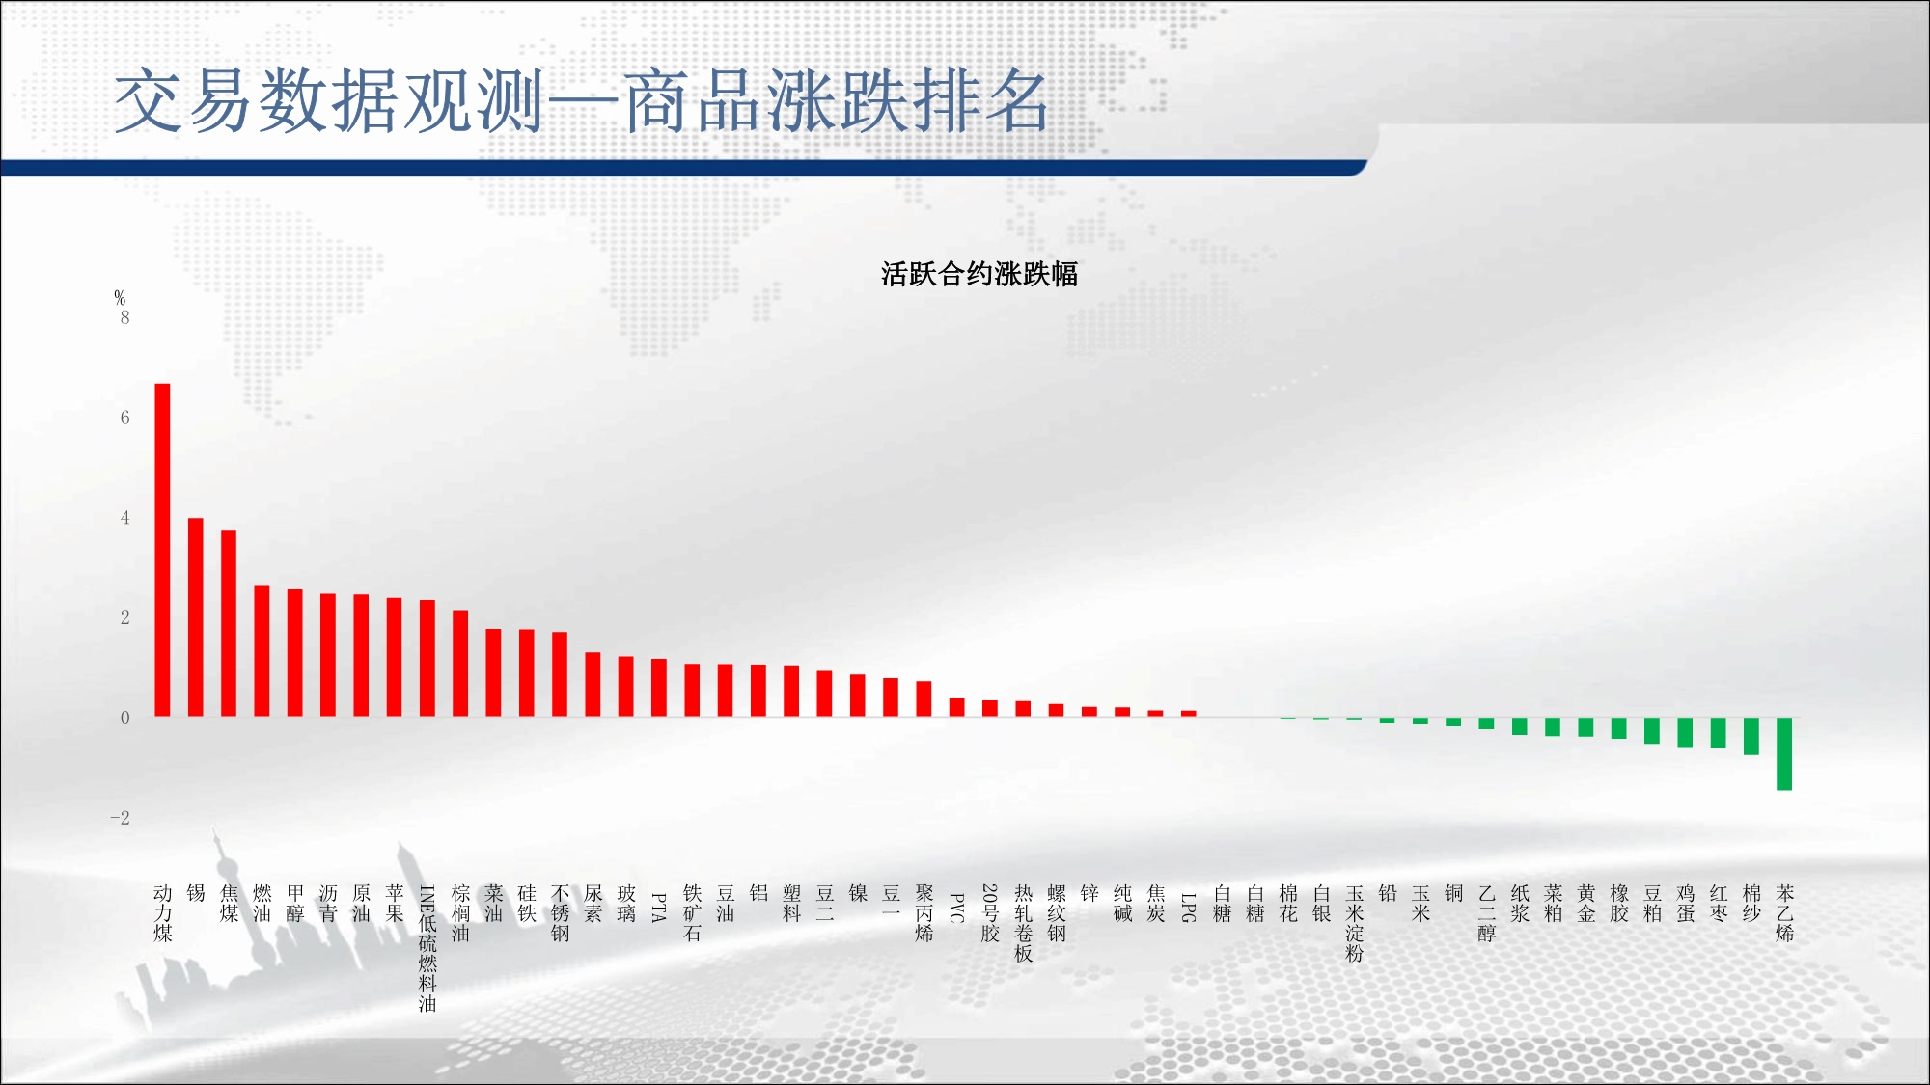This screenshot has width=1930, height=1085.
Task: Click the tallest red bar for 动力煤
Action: coord(162,550)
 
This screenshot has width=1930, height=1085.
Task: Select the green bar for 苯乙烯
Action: coord(1784,754)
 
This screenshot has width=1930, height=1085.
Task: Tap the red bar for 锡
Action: coord(196,617)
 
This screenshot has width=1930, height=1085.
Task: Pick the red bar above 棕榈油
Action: coord(460,664)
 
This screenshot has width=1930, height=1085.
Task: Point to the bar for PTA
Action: coord(659,688)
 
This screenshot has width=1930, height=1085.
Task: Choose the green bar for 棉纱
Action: coord(1751,736)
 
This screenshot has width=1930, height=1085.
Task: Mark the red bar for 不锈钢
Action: coord(560,674)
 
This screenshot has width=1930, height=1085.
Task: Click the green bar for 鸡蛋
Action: coord(1685,733)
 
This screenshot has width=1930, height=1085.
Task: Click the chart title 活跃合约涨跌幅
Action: coord(979,274)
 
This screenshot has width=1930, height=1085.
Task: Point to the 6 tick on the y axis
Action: coord(124,418)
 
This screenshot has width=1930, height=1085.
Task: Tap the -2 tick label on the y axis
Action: coord(120,818)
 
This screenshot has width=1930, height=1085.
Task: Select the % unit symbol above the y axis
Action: coord(120,298)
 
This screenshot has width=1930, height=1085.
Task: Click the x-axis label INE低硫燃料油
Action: coord(427,948)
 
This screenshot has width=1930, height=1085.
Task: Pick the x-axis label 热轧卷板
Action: coord(1024,923)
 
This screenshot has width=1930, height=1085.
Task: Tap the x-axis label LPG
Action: coord(1189,908)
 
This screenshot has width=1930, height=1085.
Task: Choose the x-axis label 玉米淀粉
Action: coord(1355,923)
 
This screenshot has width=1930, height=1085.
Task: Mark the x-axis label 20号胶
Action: coord(990,912)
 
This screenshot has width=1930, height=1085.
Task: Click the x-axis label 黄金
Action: coord(1586,903)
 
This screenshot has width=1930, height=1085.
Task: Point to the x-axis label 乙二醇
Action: coord(1487,912)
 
